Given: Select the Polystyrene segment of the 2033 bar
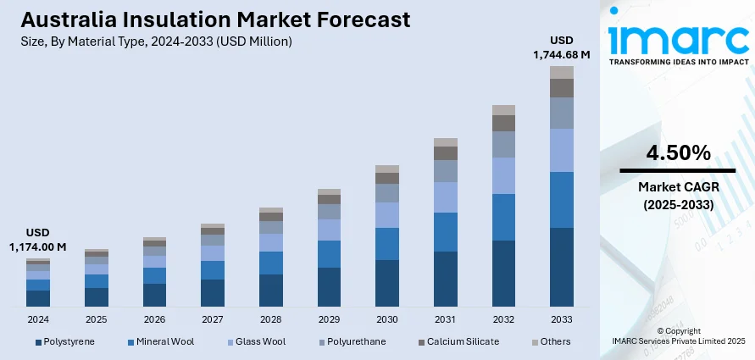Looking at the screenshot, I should click(562, 266).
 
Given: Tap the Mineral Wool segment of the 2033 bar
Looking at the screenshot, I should click(562, 199).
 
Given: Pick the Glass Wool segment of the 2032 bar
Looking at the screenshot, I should click(503, 175).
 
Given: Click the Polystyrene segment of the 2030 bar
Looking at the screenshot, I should click(387, 282).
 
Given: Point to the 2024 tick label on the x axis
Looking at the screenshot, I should click(38, 319).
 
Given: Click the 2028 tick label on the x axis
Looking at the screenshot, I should click(270, 319).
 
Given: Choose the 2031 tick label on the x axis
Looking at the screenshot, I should click(445, 319).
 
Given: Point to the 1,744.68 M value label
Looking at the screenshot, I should click(561, 54).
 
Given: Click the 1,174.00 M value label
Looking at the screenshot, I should click(38, 246).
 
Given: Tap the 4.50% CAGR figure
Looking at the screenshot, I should click(678, 153).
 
